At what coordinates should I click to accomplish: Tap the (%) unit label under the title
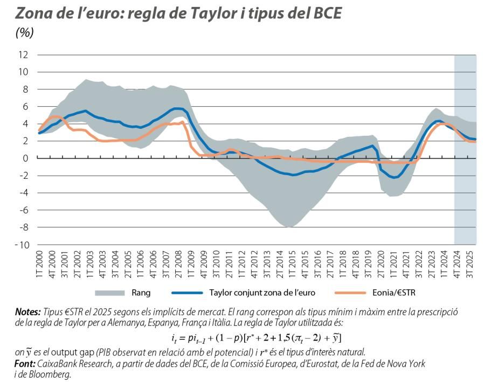[25, 33]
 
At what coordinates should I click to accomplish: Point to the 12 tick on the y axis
[23, 55]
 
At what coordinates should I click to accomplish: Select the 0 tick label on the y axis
[25, 158]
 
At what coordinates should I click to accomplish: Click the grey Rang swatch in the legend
[109, 293]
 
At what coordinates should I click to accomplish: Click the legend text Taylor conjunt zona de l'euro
[261, 293]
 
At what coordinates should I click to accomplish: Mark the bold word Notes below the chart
[27, 312]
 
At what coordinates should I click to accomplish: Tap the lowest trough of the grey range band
[290, 227]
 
